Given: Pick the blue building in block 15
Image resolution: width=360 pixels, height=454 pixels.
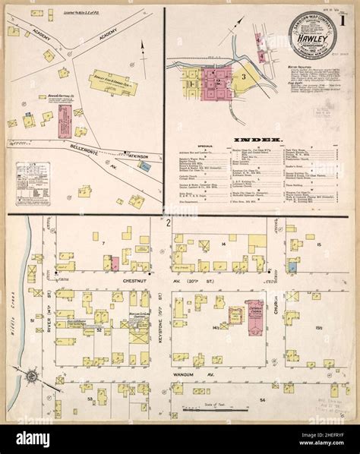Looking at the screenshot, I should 292,266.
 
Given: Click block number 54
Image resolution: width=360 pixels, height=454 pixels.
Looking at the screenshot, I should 262,399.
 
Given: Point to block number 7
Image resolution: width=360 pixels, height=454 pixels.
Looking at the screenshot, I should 100,243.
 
